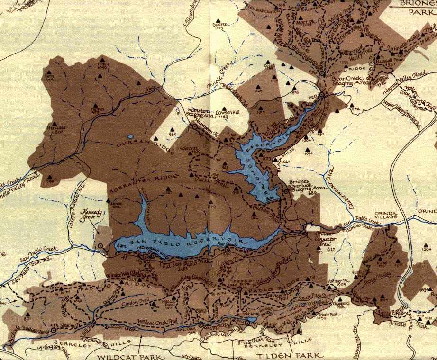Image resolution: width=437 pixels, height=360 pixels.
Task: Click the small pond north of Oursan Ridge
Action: point(130,137)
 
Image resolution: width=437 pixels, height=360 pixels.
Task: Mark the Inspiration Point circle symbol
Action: point(240,288)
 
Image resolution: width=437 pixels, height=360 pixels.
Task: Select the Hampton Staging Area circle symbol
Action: point(194,126)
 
